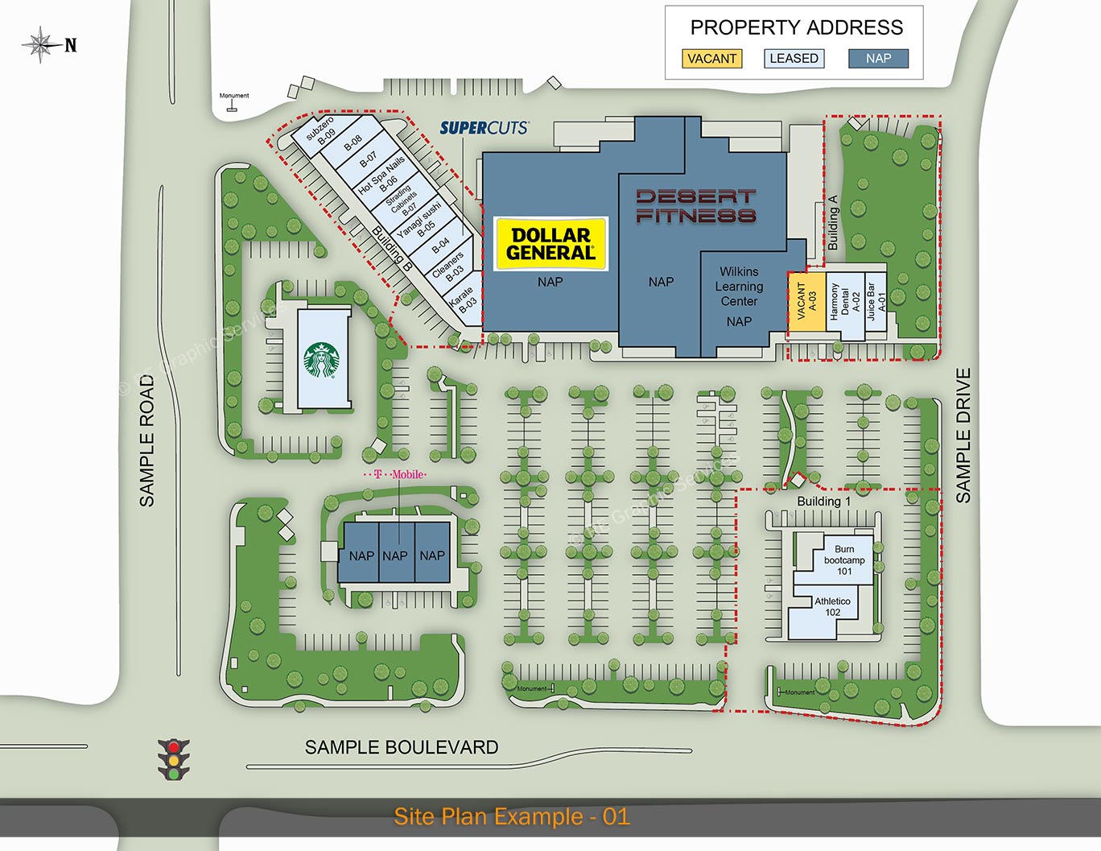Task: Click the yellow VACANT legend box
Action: [x=711, y=59]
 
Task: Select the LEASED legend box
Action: [x=794, y=59]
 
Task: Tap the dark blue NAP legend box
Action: [x=878, y=59]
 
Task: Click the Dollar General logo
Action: [x=551, y=244]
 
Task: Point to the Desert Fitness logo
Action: [x=696, y=206]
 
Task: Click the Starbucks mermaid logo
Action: [x=322, y=360]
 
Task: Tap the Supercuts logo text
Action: [x=484, y=127]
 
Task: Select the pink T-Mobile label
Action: [x=397, y=475]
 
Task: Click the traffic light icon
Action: [x=173, y=759]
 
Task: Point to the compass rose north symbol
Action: [x=40, y=45]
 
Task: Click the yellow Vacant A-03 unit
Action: [x=806, y=302]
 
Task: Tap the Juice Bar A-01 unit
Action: [x=876, y=302]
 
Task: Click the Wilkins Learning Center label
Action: [x=739, y=287]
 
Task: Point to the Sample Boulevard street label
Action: [x=402, y=747]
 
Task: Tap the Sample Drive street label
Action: [x=963, y=436]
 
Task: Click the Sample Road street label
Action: [x=146, y=440]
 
